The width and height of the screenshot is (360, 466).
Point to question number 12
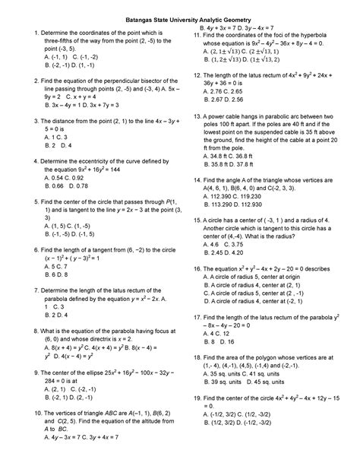pos(197,75)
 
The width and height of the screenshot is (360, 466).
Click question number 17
pos(197,318)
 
